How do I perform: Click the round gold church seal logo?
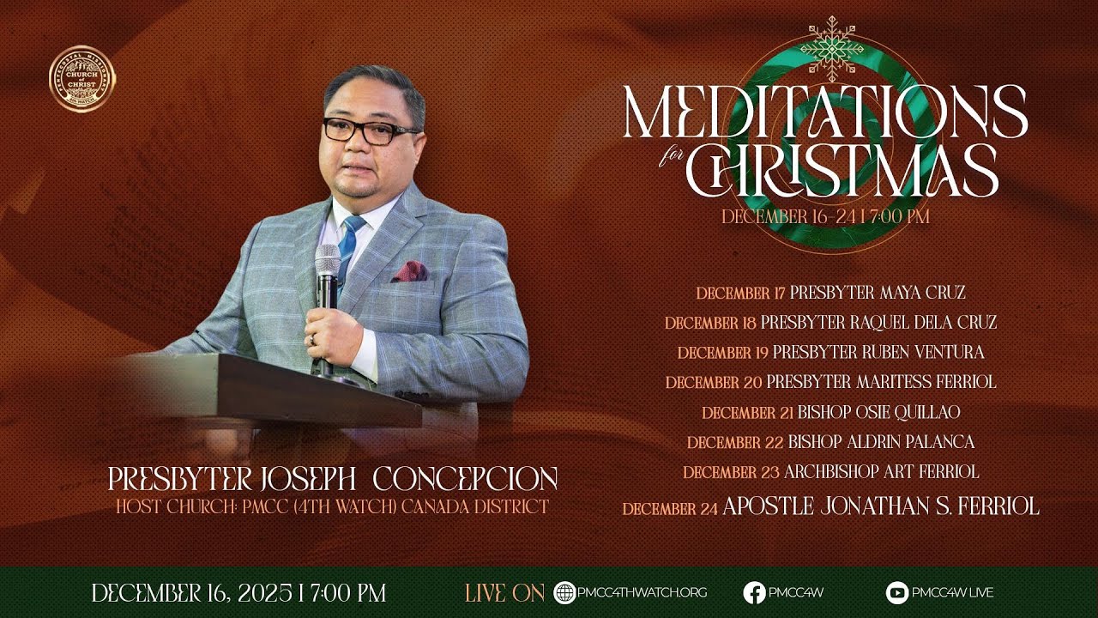82,79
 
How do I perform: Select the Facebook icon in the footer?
754,592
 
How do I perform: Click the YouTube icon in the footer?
896,592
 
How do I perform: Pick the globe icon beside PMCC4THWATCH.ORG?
564,592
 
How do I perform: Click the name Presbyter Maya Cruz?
878,293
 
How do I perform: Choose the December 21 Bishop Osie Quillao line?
830,412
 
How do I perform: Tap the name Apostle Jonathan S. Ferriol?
880,506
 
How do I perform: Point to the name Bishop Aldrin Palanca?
881,442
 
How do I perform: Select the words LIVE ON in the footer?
504,592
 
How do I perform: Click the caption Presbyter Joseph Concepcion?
332,479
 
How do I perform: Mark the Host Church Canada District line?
332,506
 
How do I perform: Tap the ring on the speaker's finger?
313,339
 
